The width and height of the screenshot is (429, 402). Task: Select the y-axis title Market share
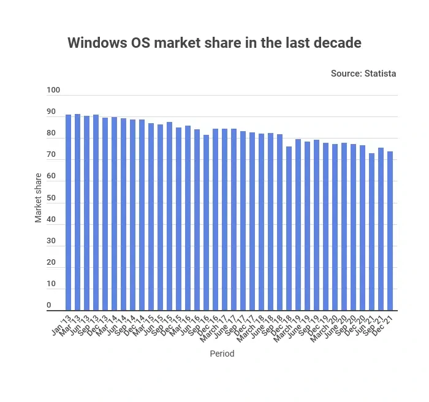click(39, 198)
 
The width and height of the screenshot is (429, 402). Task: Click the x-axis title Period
click(222, 354)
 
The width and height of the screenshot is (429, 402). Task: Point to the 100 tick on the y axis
click(53, 91)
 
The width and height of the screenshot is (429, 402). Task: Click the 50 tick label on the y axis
click(51, 198)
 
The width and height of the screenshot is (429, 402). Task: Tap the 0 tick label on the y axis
click(49, 306)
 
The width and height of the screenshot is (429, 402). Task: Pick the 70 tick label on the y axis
click(51, 155)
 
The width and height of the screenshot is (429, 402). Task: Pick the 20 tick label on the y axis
click(51, 263)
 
